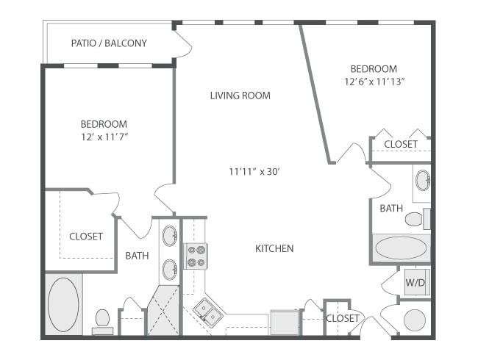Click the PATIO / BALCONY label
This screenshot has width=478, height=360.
point(109,43)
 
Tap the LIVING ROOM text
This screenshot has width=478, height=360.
point(240,96)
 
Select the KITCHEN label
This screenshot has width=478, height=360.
point(274,248)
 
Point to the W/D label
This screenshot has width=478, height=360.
point(415,281)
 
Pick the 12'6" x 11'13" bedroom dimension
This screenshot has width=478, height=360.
point(375,82)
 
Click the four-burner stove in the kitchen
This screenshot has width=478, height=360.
point(196,256)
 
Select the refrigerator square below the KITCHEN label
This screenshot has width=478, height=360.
point(284,322)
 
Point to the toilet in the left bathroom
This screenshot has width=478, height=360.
point(102,320)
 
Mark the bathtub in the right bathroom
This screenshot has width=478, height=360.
point(400,248)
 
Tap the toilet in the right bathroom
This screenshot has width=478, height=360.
point(416,218)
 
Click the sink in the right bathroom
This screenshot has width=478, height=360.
point(422,180)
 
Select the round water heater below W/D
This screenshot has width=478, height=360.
point(415,320)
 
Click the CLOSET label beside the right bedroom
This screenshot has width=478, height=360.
point(401,144)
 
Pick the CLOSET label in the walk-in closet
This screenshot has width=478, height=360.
point(86,237)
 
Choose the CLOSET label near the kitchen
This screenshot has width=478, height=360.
point(343,318)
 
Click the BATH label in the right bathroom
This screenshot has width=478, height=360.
point(391,209)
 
